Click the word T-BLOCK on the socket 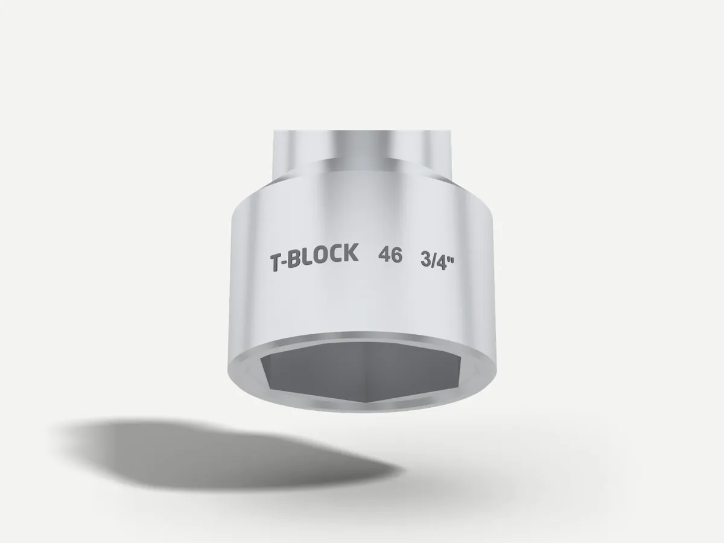pyautogui.click(x=314, y=257)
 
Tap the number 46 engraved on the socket pyautogui.click(x=390, y=255)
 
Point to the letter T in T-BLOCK pyautogui.click(x=276, y=263)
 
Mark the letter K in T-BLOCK pyautogui.click(x=351, y=252)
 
